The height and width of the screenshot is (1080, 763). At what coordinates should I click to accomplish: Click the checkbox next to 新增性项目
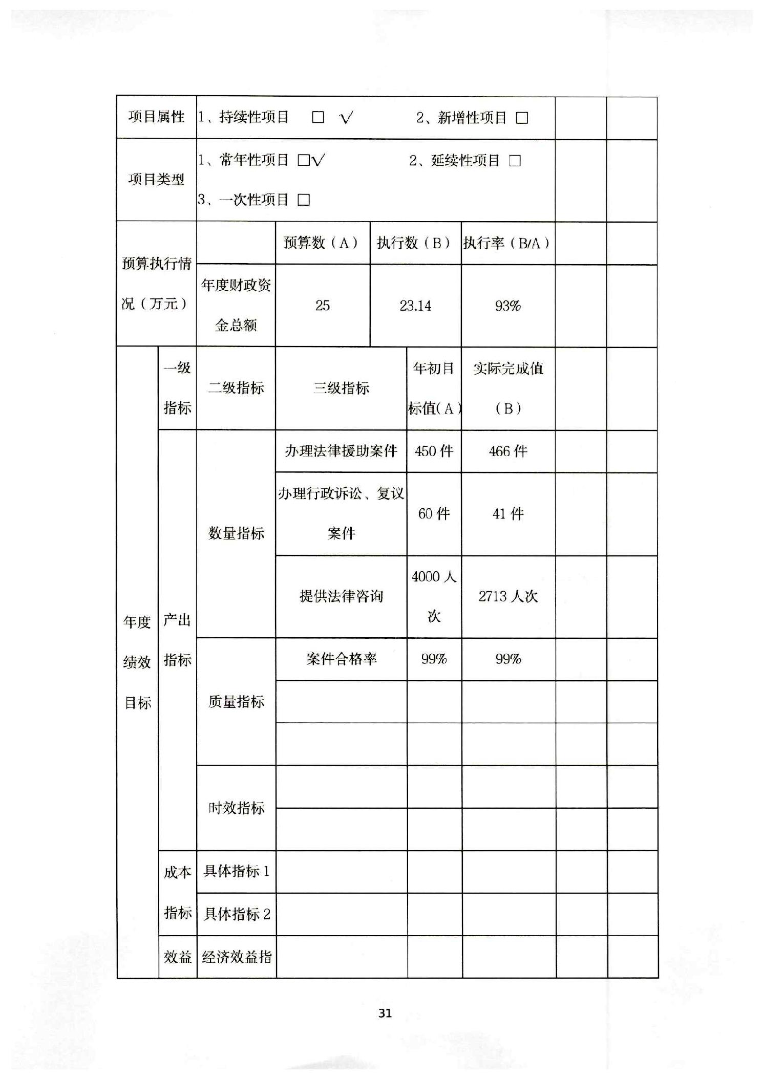click(x=522, y=118)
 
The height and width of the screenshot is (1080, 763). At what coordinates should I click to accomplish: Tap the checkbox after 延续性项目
click(x=515, y=161)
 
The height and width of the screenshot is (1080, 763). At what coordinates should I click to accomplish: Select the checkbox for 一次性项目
click(x=304, y=200)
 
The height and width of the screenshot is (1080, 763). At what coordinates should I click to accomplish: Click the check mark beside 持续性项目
click(x=347, y=118)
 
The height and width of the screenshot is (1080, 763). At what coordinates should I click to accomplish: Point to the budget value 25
click(x=323, y=306)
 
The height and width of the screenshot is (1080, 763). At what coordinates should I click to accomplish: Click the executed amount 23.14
click(x=415, y=306)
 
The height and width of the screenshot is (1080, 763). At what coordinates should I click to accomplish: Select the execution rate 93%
click(x=507, y=306)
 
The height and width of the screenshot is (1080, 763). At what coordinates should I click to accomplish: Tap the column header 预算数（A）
click(x=322, y=243)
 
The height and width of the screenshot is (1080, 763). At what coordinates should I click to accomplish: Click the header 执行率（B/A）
click(x=507, y=243)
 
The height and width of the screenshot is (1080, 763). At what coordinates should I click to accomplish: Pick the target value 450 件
click(x=434, y=451)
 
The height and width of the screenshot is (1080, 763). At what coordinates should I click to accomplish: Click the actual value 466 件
click(x=507, y=451)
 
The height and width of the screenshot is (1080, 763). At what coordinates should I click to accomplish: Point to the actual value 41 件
click(x=507, y=513)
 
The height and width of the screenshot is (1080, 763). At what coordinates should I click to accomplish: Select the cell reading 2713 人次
click(x=508, y=596)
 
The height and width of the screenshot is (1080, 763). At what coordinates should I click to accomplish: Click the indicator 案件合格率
click(x=341, y=659)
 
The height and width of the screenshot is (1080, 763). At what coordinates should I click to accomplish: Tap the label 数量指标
click(x=236, y=533)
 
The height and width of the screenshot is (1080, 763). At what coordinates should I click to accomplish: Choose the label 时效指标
click(x=236, y=808)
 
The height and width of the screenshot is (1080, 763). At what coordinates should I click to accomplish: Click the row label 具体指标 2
click(x=237, y=914)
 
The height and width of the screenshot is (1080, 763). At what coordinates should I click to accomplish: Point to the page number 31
click(x=385, y=1012)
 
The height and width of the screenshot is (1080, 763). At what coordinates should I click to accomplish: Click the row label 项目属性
click(x=156, y=117)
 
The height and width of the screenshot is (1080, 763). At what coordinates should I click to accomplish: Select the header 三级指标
click(x=341, y=388)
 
